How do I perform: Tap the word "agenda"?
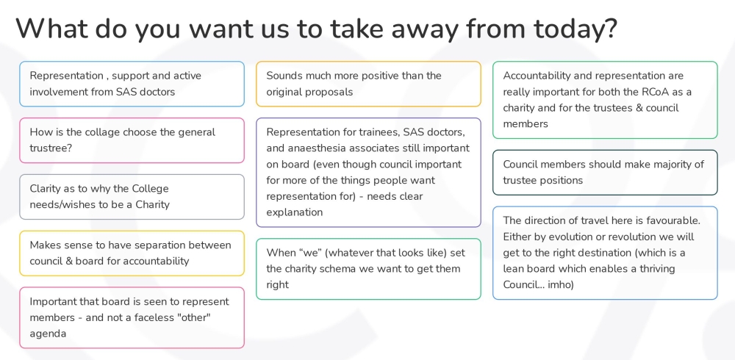pyautogui.click(x=48, y=334)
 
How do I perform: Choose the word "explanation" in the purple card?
pyautogui.click(x=294, y=212)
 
